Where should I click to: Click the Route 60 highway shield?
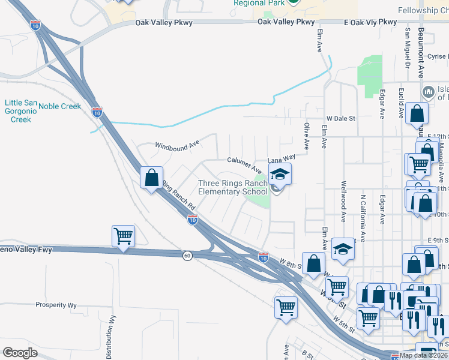pos(188,256)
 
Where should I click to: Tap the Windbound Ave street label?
pos(176,145)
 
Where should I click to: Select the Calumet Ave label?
pos(244,161)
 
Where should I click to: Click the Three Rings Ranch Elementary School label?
pos(233,187)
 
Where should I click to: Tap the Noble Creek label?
pos(59,106)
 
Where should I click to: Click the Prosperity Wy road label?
pos(56,305)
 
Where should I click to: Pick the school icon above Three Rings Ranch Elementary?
pos(279,174)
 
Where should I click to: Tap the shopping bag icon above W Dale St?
pos(416,113)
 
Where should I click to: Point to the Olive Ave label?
pos(306,137)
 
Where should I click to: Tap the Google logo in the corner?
pos(20,352)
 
